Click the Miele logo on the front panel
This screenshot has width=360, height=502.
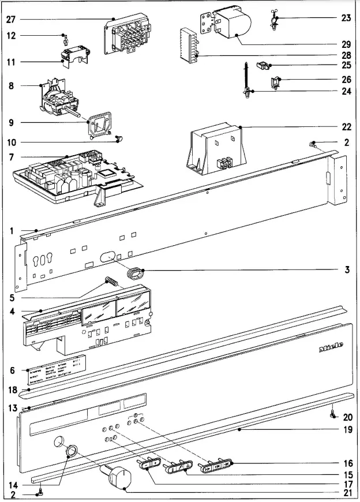(x=331, y=347)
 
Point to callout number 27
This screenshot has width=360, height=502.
(x=10, y=19)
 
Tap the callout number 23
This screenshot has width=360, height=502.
(x=346, y=18)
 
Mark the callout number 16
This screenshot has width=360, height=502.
(x=346, y=463)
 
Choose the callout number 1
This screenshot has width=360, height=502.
(x=10, y=231)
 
